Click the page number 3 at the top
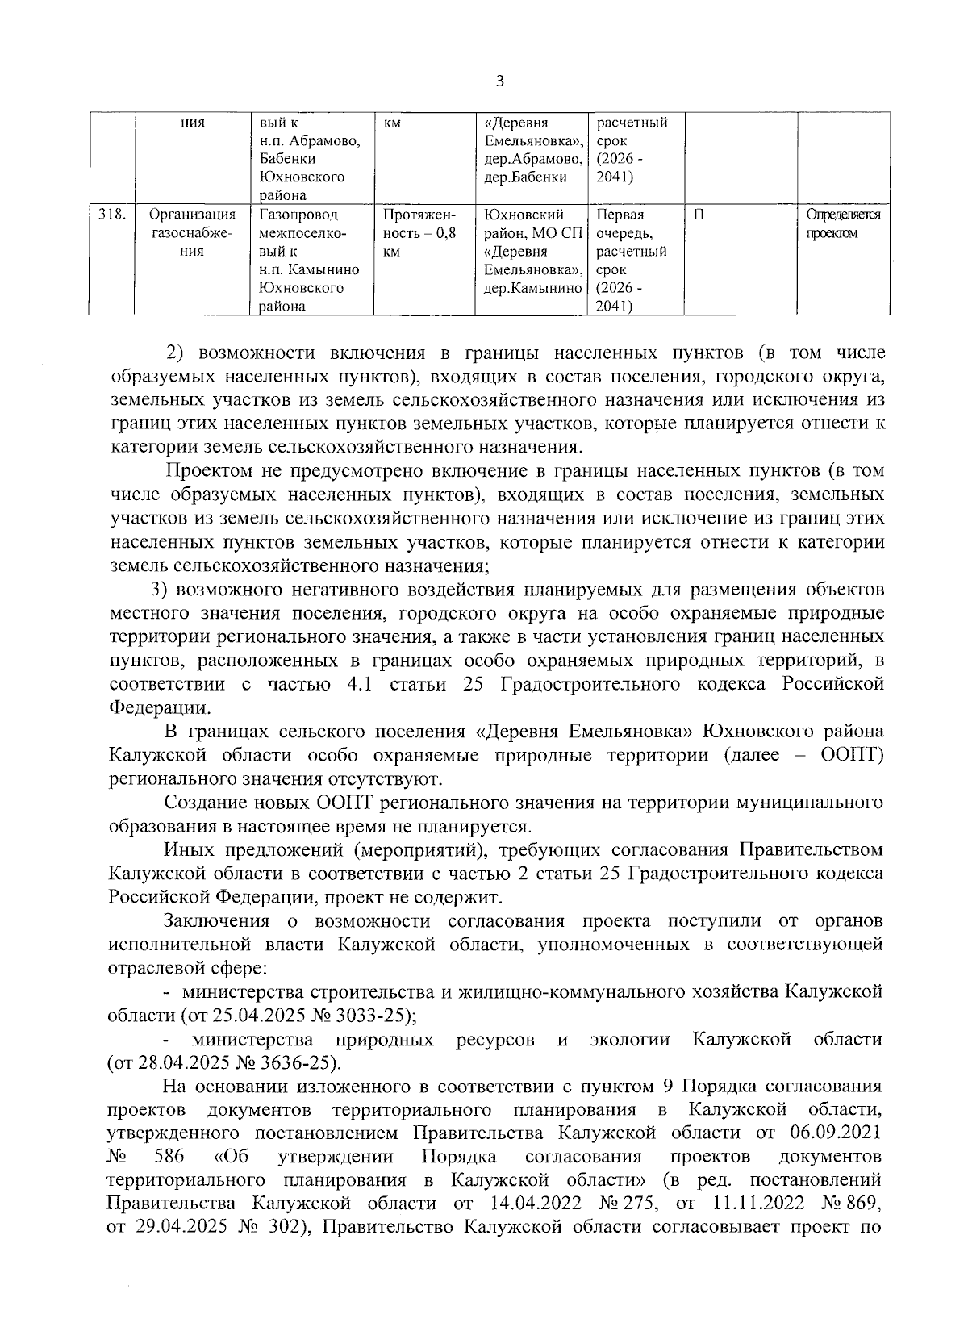tap(500, 81)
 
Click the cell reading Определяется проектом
tap(843, 224)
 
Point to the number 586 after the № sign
tap(169, 1155)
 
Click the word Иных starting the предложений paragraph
tap(190, 849)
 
